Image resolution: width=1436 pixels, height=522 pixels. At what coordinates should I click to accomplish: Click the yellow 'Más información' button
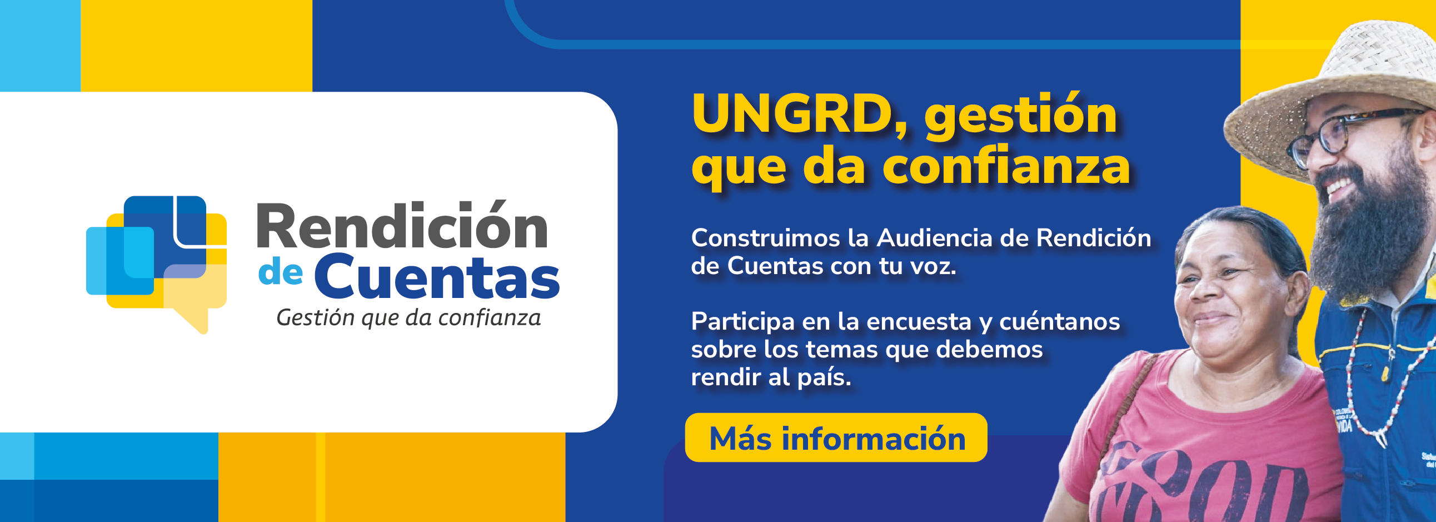pos(836,438)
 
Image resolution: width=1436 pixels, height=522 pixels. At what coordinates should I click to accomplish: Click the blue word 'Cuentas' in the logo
pos(437,277)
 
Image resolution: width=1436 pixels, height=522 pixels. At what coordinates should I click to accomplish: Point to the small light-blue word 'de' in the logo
pos(281,273)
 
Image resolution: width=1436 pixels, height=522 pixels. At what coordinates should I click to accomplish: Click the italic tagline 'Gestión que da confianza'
pos(408,318)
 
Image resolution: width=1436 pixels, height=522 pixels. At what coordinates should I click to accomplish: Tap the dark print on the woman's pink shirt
pos(1199,485)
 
